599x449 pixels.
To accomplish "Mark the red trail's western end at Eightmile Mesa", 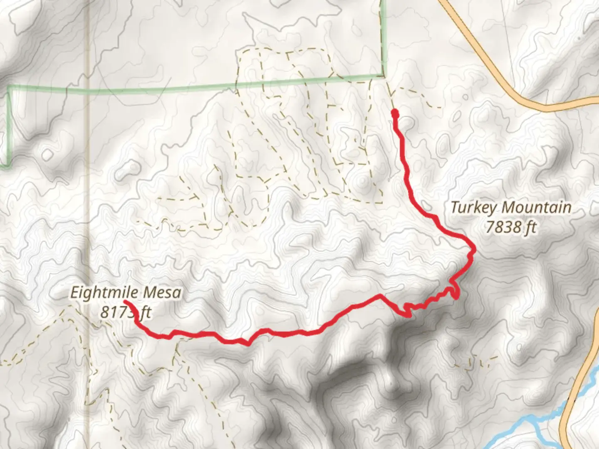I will [x=125, y=301].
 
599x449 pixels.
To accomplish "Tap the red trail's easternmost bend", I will [x=473, y=249].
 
